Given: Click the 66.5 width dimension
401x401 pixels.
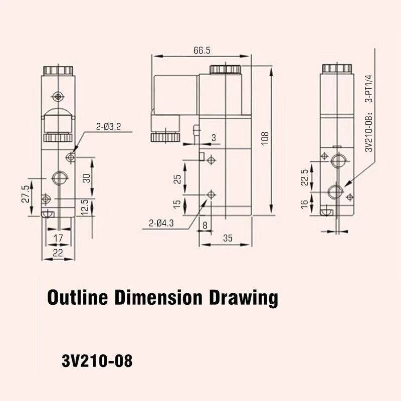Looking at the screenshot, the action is click(x=202, y=51).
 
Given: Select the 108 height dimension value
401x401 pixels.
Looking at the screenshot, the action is click(x=265, y=138).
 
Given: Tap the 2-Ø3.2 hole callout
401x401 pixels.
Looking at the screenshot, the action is click(x=108, y=126).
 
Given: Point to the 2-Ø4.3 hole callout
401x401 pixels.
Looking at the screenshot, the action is click(x=161, y=223).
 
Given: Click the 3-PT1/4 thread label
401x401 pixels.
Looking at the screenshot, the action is click(x=369, y=89).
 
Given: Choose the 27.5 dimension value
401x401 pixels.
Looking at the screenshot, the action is click(x=26, y=194).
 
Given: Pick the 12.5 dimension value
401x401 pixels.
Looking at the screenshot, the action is click(x=86, y=207).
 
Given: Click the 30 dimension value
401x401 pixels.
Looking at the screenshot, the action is click(x=87, y=178).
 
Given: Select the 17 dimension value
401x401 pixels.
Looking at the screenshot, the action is click(x=58, y=238).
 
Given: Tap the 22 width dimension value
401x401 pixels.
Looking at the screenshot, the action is click(x=58, y=253).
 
